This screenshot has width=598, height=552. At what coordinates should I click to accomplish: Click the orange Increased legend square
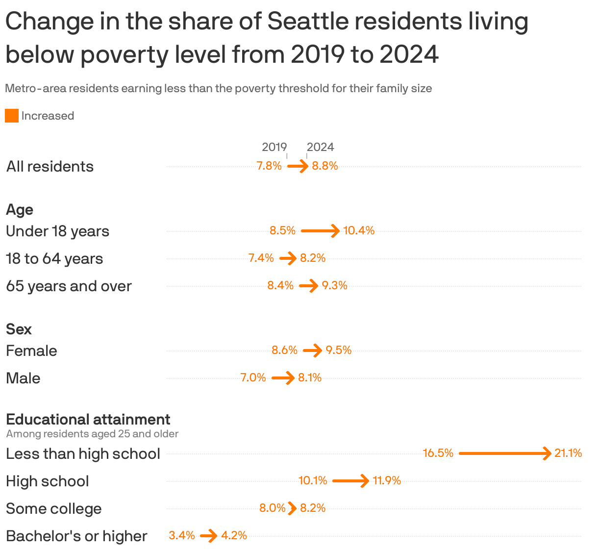[x=12, y=116]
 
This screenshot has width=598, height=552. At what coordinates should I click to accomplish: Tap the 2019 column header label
[x=274, y=147]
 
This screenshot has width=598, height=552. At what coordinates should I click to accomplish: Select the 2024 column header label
[x=320, y=147]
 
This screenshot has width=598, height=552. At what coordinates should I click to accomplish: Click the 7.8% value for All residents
[x=269, y=166]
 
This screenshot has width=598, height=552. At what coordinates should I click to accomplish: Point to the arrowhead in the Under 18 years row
[x=335, y=230]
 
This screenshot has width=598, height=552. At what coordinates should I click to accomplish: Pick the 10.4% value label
[x=359, y=230]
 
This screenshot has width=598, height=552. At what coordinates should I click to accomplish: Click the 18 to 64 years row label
[x=54, y=259]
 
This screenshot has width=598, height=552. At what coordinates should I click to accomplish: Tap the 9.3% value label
[x=334, y=285]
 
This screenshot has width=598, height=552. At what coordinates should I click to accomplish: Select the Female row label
[x=31, y=351]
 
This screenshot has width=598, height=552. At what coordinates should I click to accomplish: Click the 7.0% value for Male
[x=253, y=378]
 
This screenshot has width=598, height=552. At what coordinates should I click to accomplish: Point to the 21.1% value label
[x=568, y=453]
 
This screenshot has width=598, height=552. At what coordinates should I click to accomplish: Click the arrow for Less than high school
[x=505, y=453]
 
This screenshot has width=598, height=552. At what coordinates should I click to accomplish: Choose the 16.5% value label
[x=438, y=453]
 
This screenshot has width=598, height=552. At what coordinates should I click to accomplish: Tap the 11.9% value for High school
[x=387, y=481]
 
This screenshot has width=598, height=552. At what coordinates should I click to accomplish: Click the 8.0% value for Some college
[x=272, y=508]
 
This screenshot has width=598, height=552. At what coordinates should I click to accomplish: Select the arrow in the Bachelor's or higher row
[x=208, y=536]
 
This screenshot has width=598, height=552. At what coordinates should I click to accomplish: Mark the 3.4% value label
[x=182, y=536]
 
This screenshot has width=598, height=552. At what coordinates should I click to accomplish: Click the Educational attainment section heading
[x=88, y=420]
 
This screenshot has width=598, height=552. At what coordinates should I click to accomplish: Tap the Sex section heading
[x=19, y=329]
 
